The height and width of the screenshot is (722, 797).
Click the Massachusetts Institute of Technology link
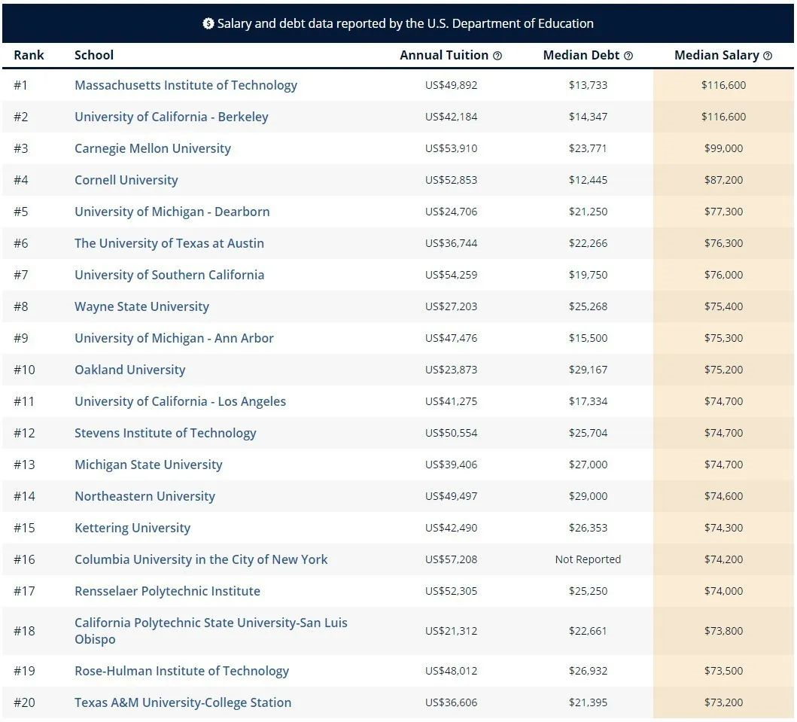[x=185, y=85]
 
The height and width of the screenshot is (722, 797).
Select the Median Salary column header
[x=716, y=55]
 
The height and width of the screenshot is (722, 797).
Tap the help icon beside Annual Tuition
[x=497, y=56]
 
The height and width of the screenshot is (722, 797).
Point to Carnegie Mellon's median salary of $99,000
[x=723, y=148]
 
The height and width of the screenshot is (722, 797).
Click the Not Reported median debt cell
[x=588, y=559]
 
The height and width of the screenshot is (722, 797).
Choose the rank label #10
[x=24, y=370]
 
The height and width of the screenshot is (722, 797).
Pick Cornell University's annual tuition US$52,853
[x=451, y=180]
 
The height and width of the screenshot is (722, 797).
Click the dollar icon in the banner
[x=208, y=23]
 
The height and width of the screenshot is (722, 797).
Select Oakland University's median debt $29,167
[x=588, y=370]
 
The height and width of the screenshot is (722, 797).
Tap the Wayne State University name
[x=141, y=306]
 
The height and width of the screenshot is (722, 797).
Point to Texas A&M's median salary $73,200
[x=723, y=702]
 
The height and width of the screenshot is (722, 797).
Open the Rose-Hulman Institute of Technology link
[x=181, y=671]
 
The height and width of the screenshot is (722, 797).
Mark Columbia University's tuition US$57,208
[x=451, y=559]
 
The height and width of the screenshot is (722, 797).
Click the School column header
[x=94, y=55]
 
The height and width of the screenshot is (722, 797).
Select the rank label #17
[x=24, y=591]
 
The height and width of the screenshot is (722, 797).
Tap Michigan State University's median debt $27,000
[x=588, y=465]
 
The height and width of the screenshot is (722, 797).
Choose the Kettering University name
[x=132, y=528]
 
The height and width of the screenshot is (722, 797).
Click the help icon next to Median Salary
[x=768, y=56]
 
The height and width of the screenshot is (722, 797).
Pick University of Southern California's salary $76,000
[x=723, y=275]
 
